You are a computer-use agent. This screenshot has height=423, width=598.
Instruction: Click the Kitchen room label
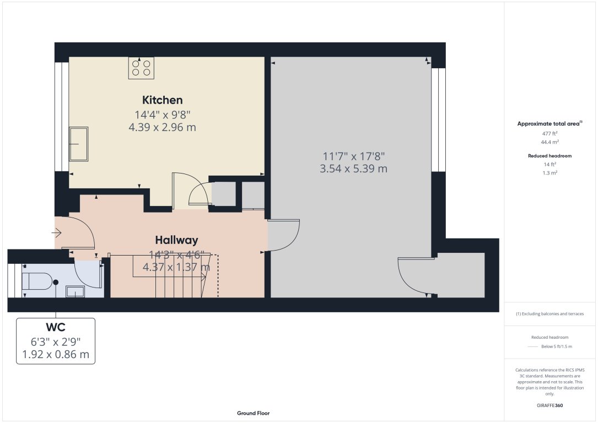pos(163,100)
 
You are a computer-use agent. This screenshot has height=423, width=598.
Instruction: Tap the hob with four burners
pos(141,68)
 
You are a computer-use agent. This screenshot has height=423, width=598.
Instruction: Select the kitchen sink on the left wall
pos(79,144)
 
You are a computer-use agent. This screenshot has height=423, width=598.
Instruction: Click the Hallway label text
pos(176,240)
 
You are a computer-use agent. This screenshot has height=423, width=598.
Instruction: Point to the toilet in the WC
pos(37,281)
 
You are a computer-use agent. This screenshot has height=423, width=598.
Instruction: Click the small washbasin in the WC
pos(75,291)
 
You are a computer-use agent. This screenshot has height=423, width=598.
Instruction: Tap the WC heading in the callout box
pos(56,327)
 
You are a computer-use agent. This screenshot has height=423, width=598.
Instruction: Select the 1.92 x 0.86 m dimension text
pos(56,354)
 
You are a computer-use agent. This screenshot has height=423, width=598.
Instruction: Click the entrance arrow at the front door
pos(57,232)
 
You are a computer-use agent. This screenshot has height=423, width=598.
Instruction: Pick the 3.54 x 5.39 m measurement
pos(353,169)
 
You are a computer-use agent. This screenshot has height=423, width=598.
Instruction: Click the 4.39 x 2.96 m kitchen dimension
pos(163,127)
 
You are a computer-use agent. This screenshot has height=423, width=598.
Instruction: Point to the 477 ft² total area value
pos(549,133)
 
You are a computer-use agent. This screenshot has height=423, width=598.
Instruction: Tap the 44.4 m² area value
pos(549,142)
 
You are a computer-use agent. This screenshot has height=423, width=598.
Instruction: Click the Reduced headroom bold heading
pos(549,155)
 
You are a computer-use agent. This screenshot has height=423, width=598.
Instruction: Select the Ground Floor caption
pos(253,413)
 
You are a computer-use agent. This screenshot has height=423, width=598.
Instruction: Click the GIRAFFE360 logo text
pos(549,405)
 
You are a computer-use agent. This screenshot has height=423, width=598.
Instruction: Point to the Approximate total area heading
pos(549,123)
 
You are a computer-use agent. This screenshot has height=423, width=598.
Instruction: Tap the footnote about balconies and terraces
pos(549,314)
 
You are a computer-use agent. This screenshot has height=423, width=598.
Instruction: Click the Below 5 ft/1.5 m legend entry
pos(557,346)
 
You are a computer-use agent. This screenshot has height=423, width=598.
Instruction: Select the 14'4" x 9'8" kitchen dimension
pos(163,115)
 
